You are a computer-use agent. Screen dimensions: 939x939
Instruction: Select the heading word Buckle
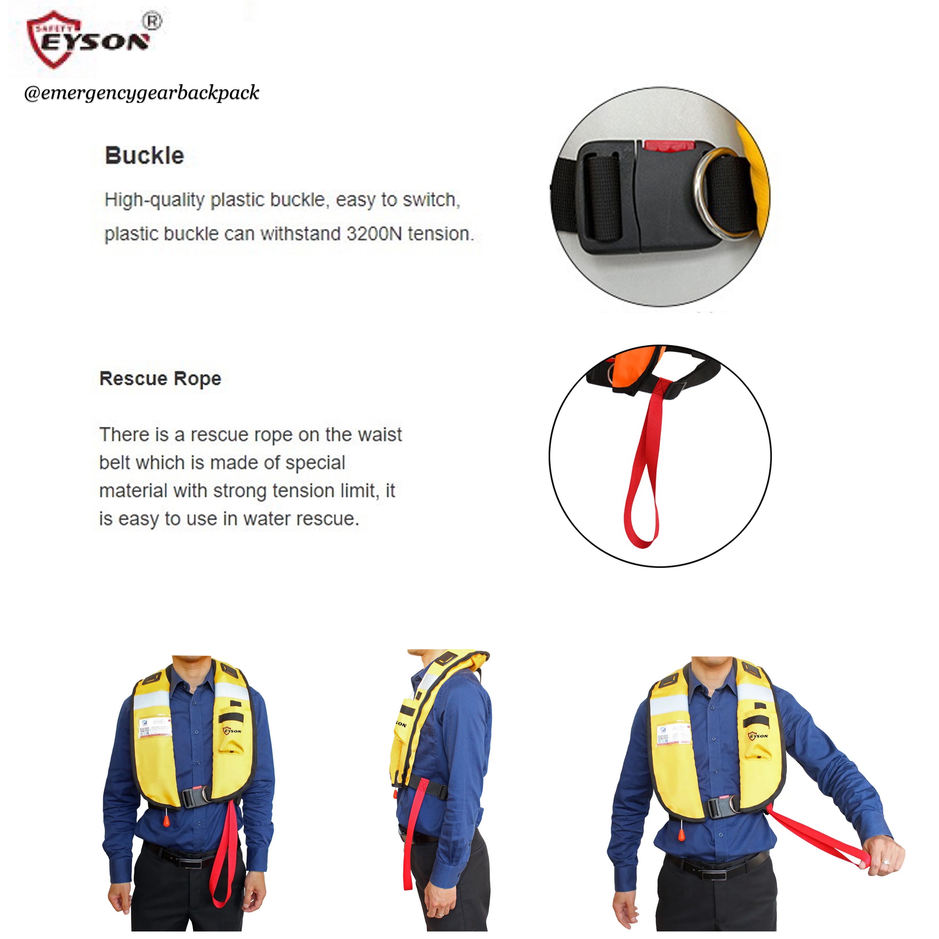(x=144, y=156)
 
